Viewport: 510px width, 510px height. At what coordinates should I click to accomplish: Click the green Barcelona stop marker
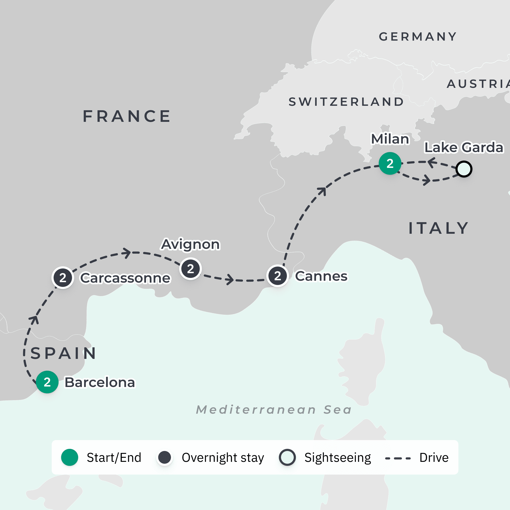click(47, 382)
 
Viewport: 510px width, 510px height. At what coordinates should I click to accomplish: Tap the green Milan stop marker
click(390, 163)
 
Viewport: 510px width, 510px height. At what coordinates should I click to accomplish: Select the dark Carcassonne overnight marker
click(63, 278)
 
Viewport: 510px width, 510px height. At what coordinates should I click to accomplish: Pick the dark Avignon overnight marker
click(190, 269)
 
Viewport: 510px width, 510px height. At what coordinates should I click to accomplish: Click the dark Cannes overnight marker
click(277, 276)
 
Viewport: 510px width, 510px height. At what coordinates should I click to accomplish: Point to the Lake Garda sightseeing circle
click(464, 169)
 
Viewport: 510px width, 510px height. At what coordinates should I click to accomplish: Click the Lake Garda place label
click(463, 147)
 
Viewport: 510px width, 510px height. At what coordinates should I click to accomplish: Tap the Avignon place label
click(190, 244)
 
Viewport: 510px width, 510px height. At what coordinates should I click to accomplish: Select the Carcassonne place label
click(125, 278)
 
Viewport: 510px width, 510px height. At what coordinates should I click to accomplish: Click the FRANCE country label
click(127, 116)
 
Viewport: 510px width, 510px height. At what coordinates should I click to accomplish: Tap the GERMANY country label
click(418, 37)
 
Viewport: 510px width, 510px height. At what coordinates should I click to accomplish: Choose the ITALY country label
click(438, 228)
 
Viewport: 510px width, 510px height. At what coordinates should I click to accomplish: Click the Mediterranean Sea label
click(274, 410)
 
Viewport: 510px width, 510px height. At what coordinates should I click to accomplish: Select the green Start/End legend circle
click(69, 457)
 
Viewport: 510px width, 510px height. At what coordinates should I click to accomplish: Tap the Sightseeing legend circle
click(287, 457)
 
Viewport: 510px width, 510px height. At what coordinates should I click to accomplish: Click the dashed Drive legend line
click(398, 458)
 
